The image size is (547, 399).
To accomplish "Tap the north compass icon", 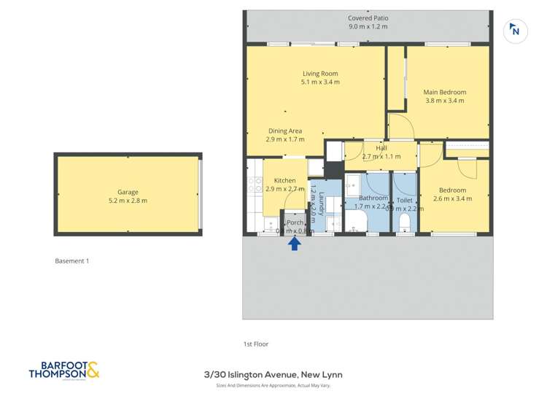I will pos(516,30).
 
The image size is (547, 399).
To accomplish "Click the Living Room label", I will pos(320,74).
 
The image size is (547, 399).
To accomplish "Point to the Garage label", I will pos(128,193).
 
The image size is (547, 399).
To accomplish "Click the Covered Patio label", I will pos(368,18).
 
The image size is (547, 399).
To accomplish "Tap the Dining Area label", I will pos(285,131).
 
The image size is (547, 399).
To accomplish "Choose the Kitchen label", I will pos(284,180).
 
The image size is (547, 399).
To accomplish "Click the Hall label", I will pos(381,147).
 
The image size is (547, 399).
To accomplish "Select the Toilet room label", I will pos(404,200).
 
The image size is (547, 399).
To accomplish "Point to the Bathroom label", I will pos(373,198).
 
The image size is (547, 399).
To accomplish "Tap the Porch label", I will pos(295,222).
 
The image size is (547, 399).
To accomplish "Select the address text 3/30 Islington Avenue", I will pos(272,375).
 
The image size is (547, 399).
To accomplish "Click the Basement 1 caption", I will pos(72,260).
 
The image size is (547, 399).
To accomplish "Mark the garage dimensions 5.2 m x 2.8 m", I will pos(128,201).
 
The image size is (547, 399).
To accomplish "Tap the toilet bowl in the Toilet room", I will pos(405,222).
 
